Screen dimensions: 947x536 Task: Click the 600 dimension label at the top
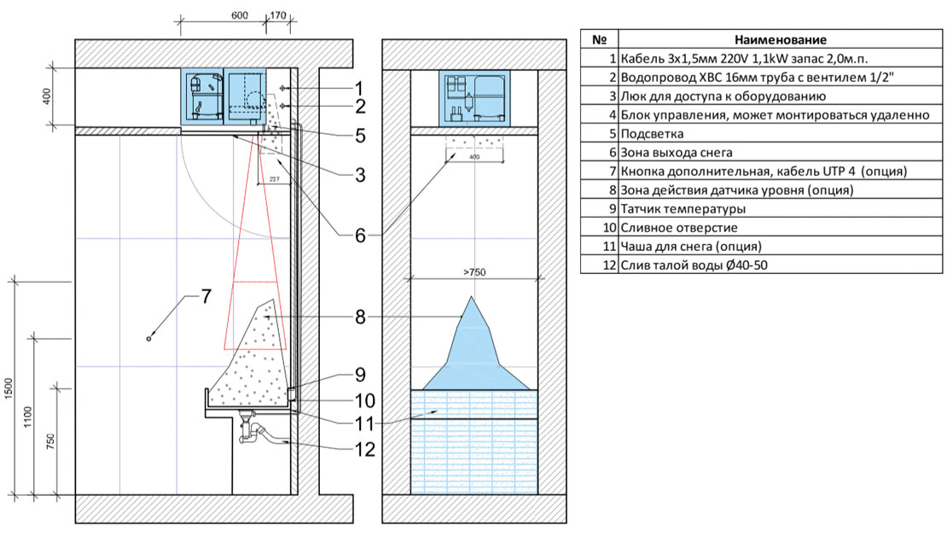240,15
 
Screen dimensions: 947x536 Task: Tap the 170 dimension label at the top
278,15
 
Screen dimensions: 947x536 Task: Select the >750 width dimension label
474,272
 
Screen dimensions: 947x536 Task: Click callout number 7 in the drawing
206,296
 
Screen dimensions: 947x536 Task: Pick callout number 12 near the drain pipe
365,449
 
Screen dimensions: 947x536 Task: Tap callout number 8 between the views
360,317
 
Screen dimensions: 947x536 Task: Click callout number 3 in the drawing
360,175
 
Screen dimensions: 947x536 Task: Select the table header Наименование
781,40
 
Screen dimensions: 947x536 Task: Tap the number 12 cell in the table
609,265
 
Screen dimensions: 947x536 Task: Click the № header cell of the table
599,40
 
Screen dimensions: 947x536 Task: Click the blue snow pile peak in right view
472,298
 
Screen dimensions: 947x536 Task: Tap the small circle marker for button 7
149,338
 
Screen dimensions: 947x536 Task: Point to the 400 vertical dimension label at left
47,96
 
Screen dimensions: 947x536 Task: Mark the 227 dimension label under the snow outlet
274,179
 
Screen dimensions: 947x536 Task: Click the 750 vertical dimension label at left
50,440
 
